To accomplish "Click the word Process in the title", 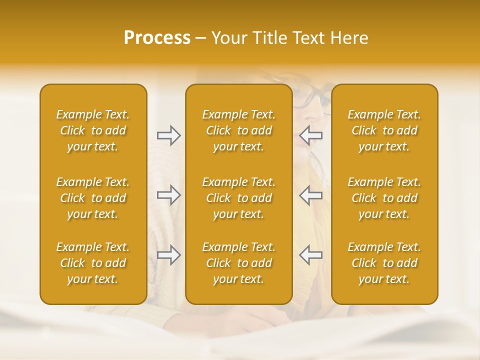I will click(157, 38).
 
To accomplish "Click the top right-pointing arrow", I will click(168, 135).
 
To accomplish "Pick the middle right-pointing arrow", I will click(168, 195).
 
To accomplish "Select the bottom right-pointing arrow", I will click(168, 255).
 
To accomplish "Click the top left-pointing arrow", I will click(311, 135).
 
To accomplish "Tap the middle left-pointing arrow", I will click(311, 195).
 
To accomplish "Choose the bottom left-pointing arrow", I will click(311, 255).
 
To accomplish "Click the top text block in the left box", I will click(93, 130).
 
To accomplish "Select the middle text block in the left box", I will click(93, 198).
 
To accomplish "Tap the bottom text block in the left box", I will click(93, 263).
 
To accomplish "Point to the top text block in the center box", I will click(238, 130).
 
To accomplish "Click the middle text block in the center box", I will click(238, 198).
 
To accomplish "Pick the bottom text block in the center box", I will click(238, 263).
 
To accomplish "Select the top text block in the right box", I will click(384, 130).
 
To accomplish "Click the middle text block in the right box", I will click(384, 198).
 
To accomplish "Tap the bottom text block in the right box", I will click(384, 263).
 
